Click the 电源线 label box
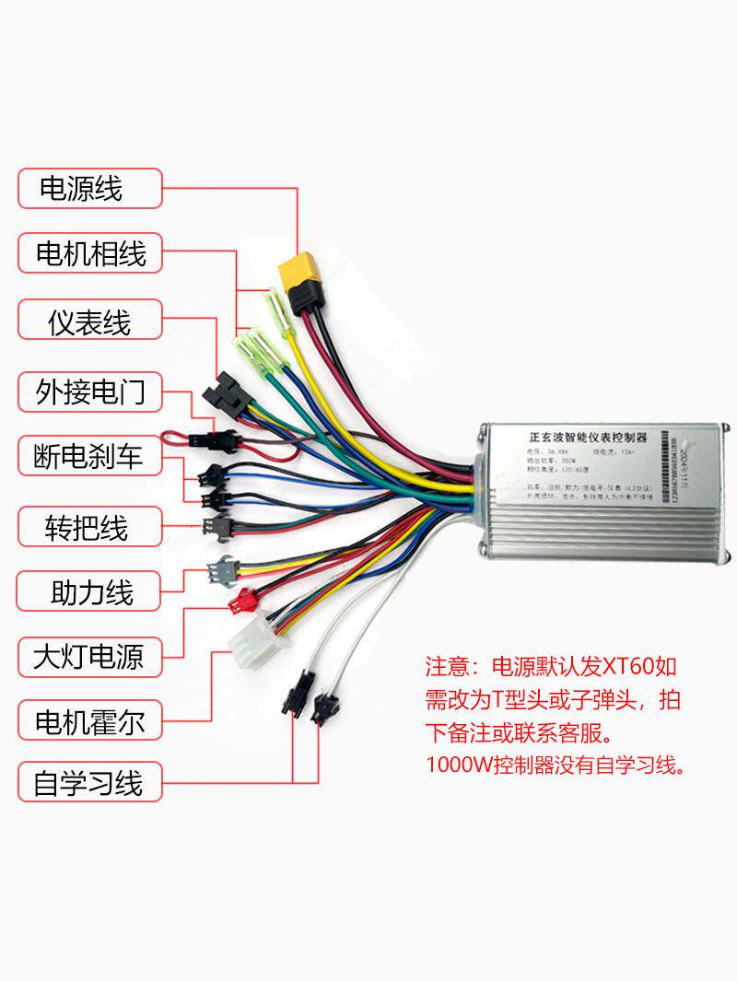pos(89,189)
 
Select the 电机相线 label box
pos(89,253)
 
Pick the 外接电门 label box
pos(89,392)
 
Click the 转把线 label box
pos(89,527)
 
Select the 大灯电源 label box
pos(89,658)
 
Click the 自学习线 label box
pos(89,784)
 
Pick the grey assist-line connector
pos(221,572)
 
